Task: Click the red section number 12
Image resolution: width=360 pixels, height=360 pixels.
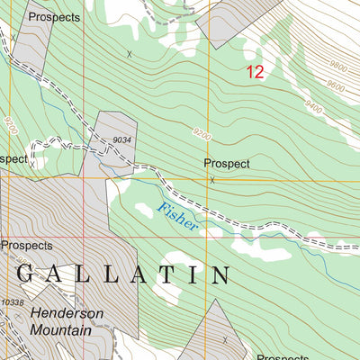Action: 255,72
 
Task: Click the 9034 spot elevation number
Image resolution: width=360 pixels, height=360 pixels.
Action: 123,139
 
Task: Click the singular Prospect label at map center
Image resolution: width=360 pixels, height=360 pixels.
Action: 226,164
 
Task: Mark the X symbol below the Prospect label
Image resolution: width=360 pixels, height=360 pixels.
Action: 212,180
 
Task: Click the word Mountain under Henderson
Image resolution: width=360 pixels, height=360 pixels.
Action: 60,330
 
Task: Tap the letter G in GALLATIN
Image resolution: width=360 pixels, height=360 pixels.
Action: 25,274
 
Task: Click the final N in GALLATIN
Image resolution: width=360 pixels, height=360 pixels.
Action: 220,274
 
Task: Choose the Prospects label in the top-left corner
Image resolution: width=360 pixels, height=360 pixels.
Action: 53,17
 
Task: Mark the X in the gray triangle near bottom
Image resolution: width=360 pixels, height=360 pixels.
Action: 224,339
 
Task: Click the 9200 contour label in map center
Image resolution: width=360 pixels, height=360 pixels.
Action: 202,134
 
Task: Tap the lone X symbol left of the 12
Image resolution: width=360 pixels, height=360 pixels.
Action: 129,54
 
